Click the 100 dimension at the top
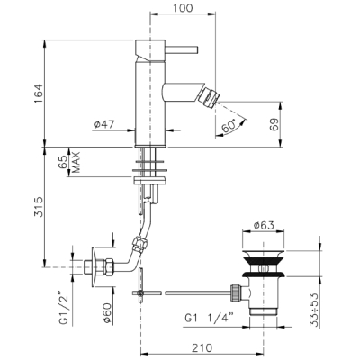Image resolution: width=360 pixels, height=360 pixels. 183,7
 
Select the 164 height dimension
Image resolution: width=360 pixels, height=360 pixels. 39,94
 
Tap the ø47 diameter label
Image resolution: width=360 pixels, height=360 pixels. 104,124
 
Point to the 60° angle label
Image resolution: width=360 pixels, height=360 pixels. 229,126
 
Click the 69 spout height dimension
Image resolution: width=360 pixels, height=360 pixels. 274,123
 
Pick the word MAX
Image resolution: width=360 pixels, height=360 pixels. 76,162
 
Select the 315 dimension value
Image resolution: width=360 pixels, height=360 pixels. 39,207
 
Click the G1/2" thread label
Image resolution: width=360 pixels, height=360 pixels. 64,307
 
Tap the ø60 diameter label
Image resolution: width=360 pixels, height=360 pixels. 108,313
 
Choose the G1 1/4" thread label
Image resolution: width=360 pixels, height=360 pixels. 209,319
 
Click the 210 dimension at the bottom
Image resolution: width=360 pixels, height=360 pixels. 202,347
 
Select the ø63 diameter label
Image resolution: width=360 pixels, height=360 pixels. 264,225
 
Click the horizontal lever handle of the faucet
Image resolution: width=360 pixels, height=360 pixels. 182,49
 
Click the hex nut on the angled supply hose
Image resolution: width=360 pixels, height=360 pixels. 140,242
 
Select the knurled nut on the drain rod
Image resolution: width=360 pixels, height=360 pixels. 235,292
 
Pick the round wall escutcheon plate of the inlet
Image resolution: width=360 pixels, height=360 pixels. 94,267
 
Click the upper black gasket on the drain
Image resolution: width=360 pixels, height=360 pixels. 264,260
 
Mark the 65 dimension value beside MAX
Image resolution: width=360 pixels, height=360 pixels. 64,162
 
